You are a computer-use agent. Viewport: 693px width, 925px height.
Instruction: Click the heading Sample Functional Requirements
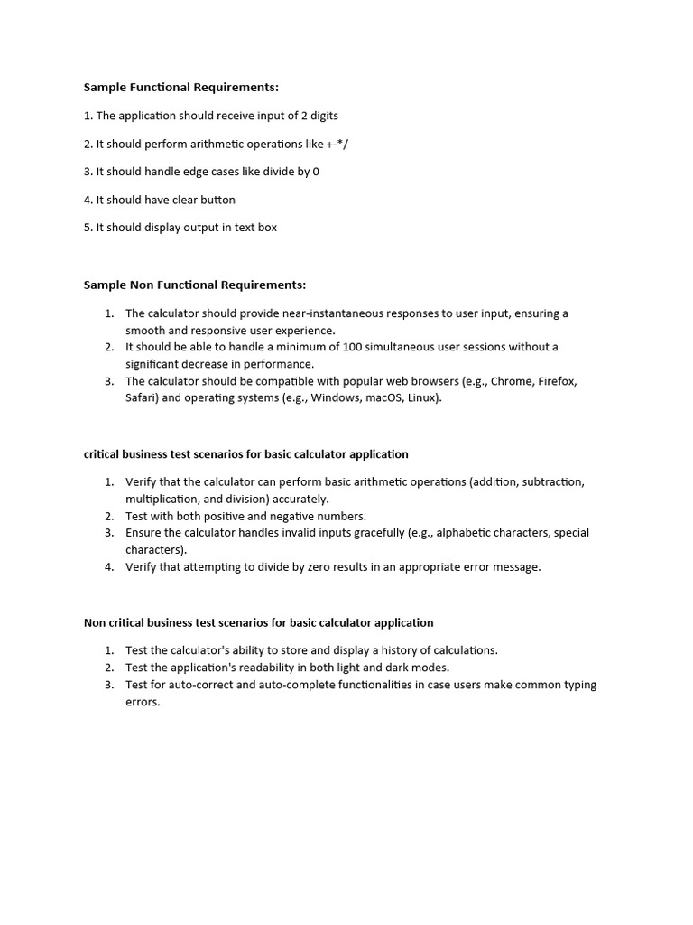(x=181, y=88)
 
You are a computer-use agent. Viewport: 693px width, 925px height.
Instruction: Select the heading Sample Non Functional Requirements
(x=195, y=285)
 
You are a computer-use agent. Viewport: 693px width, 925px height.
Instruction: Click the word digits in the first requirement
(x=320, y=116)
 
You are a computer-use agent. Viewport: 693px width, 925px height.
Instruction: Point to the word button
(x=217, y=200)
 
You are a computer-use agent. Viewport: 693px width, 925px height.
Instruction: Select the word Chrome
(x=511, y=381)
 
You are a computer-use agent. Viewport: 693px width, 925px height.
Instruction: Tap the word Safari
(x=142, y=398)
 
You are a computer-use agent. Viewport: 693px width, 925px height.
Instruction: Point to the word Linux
(x=424, y=398)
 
